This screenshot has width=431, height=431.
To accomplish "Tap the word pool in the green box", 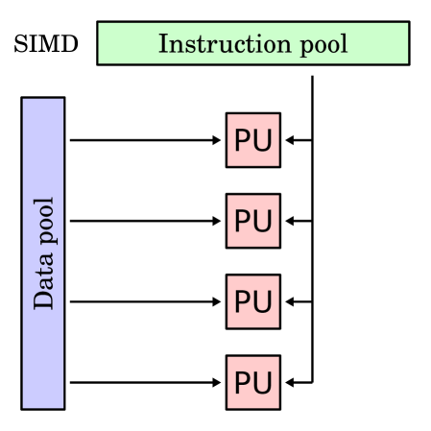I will point(321,45).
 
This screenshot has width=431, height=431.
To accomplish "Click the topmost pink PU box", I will point(253,141).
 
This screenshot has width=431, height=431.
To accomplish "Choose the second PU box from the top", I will point(253,222).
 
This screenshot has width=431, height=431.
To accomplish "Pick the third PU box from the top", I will point(253,302).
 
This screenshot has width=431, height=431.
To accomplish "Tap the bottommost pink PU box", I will point(253,383).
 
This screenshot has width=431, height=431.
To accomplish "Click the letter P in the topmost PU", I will point(243,141).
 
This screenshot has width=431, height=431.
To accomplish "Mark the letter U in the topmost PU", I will point(263,141).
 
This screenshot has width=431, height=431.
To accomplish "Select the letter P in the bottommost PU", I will point(243,383).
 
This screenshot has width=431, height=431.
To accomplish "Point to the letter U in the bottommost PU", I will point(263,383).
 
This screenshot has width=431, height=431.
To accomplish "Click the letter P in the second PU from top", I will point(243,222).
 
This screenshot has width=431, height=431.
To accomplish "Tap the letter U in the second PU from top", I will point(263,222).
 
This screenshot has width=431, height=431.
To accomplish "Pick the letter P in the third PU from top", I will point(243,302).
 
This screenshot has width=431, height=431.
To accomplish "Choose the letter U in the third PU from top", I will point(263,302).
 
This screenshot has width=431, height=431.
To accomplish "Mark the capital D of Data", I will point(43,300).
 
